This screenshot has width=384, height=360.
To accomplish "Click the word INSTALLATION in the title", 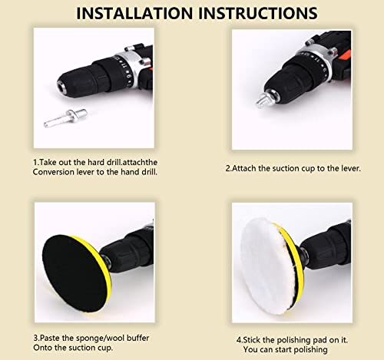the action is tap(134, 13).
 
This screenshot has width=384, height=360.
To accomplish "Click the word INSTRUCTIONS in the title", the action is tap(258, 13).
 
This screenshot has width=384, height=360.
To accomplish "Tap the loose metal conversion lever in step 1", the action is tap(65, 117).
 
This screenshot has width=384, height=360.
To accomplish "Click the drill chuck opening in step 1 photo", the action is tap(61, 86).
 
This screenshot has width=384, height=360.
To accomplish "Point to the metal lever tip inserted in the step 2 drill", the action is tap(263, 100).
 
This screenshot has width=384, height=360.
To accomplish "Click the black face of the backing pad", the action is tap(74, 273).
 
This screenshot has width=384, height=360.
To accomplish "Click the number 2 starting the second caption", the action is tap(228, 169).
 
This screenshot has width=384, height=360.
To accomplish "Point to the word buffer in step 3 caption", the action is tap(137, 338).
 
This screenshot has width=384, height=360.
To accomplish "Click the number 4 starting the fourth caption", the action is tap(239, 340).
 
